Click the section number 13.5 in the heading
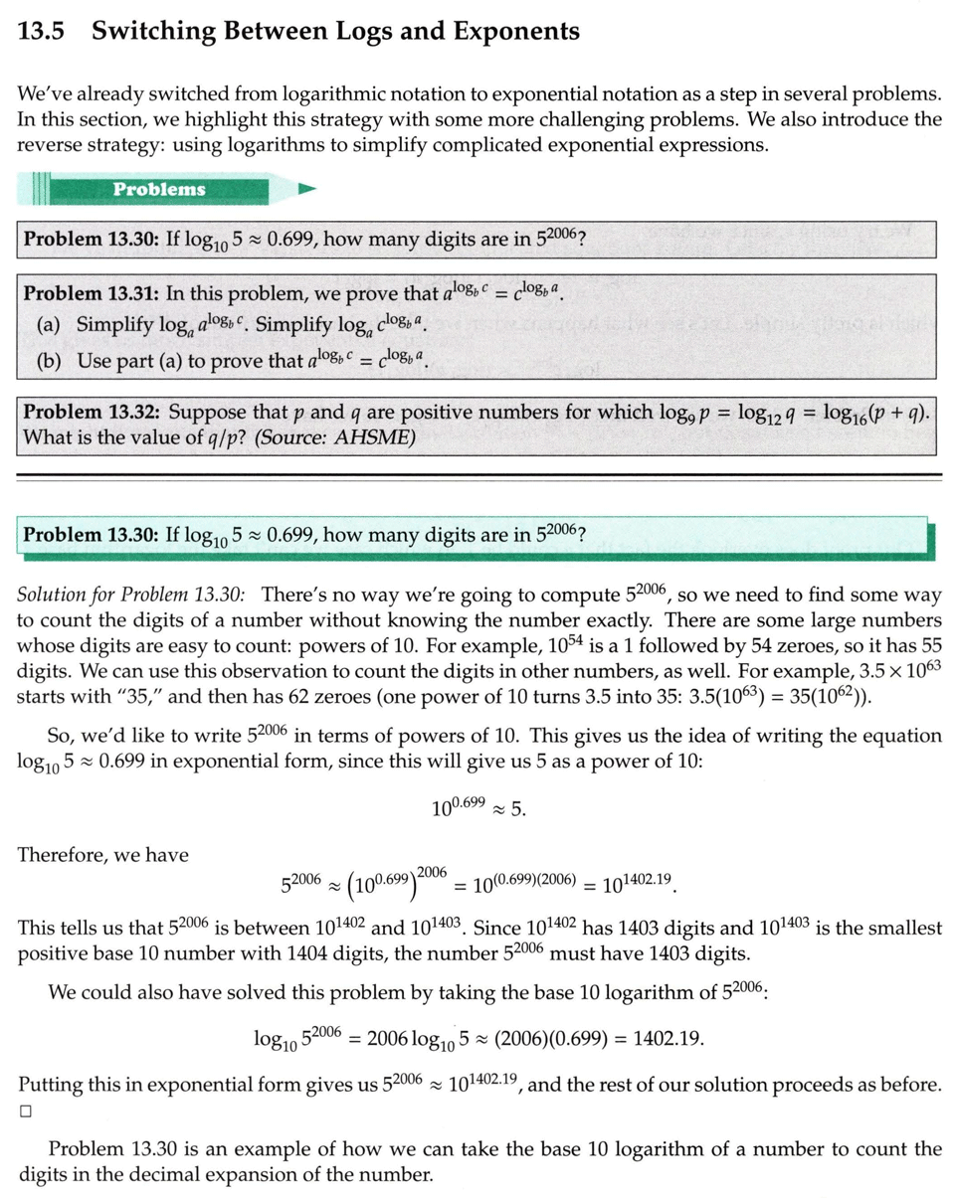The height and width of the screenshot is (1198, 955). coord(41,31)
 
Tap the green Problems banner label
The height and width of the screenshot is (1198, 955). coord(158,189)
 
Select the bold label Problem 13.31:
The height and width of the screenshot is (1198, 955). coord(91,293)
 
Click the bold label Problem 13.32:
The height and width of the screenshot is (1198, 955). coord(91,411)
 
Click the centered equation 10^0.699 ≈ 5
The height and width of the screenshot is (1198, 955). coord(478,807)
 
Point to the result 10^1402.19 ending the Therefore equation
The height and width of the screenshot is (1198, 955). coord(639,883)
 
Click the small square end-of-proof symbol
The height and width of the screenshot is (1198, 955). coord(26,1112)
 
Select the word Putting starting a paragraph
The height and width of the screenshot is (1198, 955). coord(51,1084)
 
